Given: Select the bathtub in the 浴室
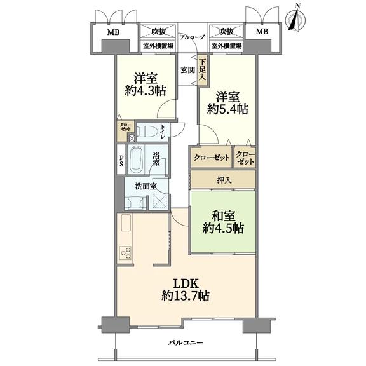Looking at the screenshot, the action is tap(136, 159).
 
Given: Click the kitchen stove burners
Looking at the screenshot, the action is tap(125, 253).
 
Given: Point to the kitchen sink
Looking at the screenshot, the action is tap(126, 222).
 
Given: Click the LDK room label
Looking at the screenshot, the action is tap(186, 290).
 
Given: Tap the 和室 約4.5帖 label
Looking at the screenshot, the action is tap(224, 222).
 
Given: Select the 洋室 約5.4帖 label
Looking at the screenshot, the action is tap(227, 103).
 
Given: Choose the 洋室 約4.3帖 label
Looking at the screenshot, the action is tap(146, 85).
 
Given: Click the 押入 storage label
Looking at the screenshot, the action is tap(224, 180).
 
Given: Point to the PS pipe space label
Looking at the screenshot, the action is tap(121, 161).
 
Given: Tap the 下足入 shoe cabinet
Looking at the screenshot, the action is tap(202, 71).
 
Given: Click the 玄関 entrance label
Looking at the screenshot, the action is tap(188, 70).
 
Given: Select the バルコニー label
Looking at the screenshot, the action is tap(186, 343).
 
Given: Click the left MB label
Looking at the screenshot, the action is tap(114, 32).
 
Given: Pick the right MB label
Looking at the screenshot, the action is tap(262, 31).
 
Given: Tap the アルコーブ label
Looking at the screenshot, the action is tap(192, 37).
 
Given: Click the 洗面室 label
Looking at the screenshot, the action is tap(146, 186).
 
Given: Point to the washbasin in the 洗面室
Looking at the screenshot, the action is tap(135, 201).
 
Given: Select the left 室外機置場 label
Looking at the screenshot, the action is tap(158, 46).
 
